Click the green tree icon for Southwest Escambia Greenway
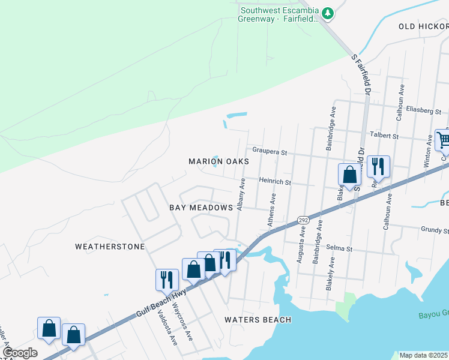[327, 13]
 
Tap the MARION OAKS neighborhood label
[218, 161]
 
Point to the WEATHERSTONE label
[110, 247]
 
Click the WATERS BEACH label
[258, 320]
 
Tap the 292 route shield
[303, 220]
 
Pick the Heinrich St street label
[275, 181]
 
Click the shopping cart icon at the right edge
[442, 140]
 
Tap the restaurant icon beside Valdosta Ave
[167, 279]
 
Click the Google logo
[20, 353]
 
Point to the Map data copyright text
[423, 355]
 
